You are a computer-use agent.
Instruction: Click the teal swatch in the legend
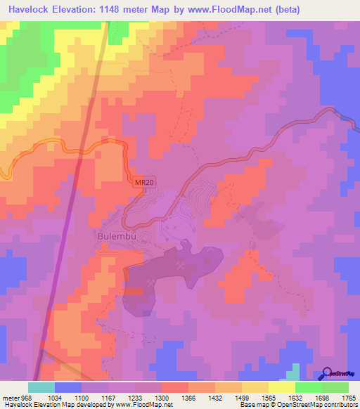[x=41, y=387]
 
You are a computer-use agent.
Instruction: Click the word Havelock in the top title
[x=30, y=10]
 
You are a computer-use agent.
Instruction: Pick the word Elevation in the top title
[x=82, y=10]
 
